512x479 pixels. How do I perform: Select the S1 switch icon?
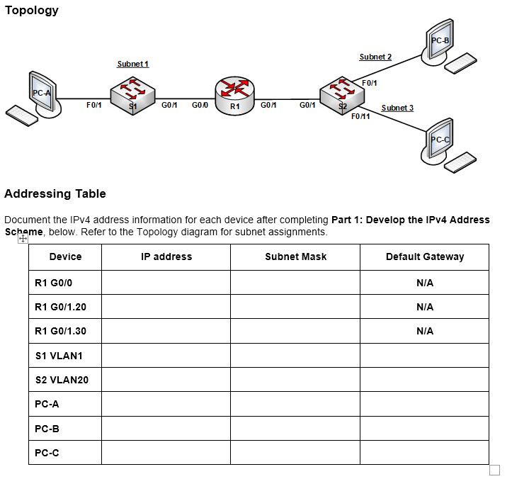tap(132, 95)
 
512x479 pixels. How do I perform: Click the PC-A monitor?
tap(42, 91)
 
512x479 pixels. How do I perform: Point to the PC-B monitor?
tap(440, 40)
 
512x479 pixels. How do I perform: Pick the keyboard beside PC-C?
tap(460, 162)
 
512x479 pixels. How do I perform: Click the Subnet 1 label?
tap(132, 64)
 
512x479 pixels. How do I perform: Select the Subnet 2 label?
tap(375, 57)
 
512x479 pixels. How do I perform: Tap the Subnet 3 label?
tap(397, 108)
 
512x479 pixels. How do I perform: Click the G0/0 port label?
tap(199, 105)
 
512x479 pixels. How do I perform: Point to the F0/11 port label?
tap(360, 116)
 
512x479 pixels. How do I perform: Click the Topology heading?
tap(31, 10)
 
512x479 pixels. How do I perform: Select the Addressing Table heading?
tap(55, 193)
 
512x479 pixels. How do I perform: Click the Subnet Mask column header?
tap(295, 257)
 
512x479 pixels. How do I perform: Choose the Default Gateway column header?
tap(424, 257)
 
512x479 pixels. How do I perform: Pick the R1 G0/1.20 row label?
tap(60, 307)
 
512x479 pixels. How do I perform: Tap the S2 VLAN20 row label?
tap(62, 380)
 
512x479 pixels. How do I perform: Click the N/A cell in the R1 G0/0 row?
tap(424, 283)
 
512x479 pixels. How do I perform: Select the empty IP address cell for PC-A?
tap(166, 405)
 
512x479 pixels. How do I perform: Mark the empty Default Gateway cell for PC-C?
tap(424, 453)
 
